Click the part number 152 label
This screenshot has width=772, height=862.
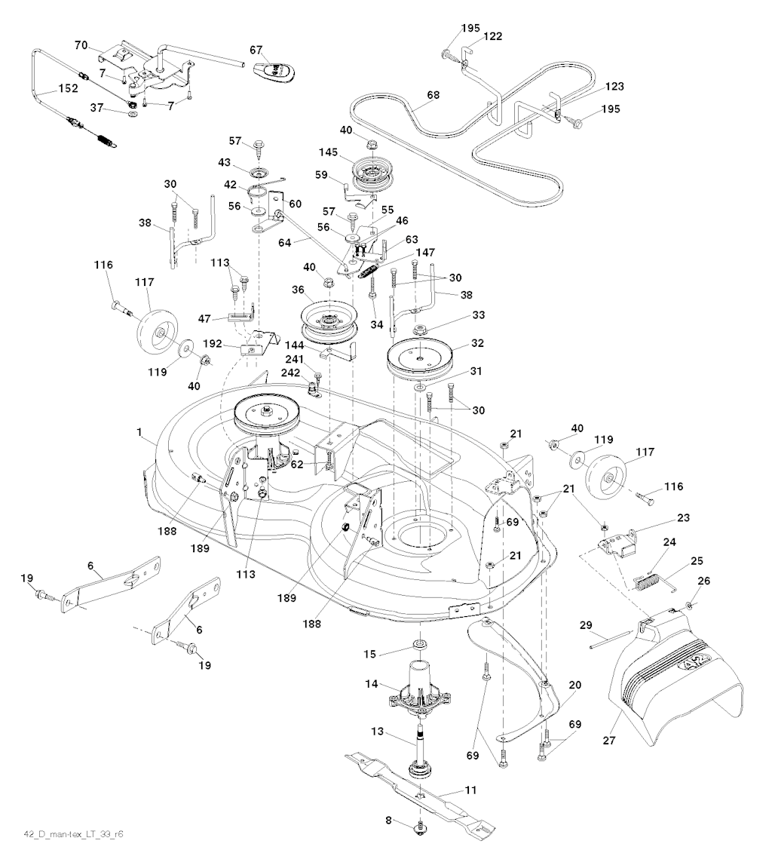pos(68,88)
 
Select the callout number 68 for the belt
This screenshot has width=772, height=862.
pos(433,95)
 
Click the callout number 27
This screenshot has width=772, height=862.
pos(609,741)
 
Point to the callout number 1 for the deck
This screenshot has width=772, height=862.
pos(139,433)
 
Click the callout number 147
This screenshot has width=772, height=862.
pos(424,253)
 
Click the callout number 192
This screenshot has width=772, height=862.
pos(212,344)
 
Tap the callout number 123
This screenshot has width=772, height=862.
pos(614,87)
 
